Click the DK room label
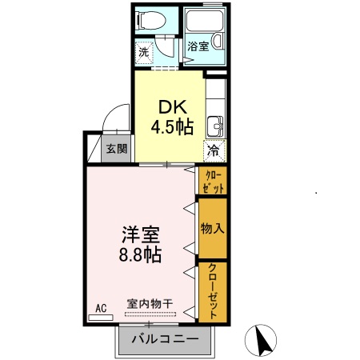tap(167, 106)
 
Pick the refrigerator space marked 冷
tap(214, 150)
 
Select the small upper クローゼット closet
tap(213, 181)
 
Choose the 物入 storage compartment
tap(213, 228)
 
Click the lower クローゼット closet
tap(213, 290)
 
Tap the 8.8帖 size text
tap(142, 256)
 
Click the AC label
tap(101, 307)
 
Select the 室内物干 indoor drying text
tap(150, 304)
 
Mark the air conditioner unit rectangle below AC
tap(101, 317)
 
